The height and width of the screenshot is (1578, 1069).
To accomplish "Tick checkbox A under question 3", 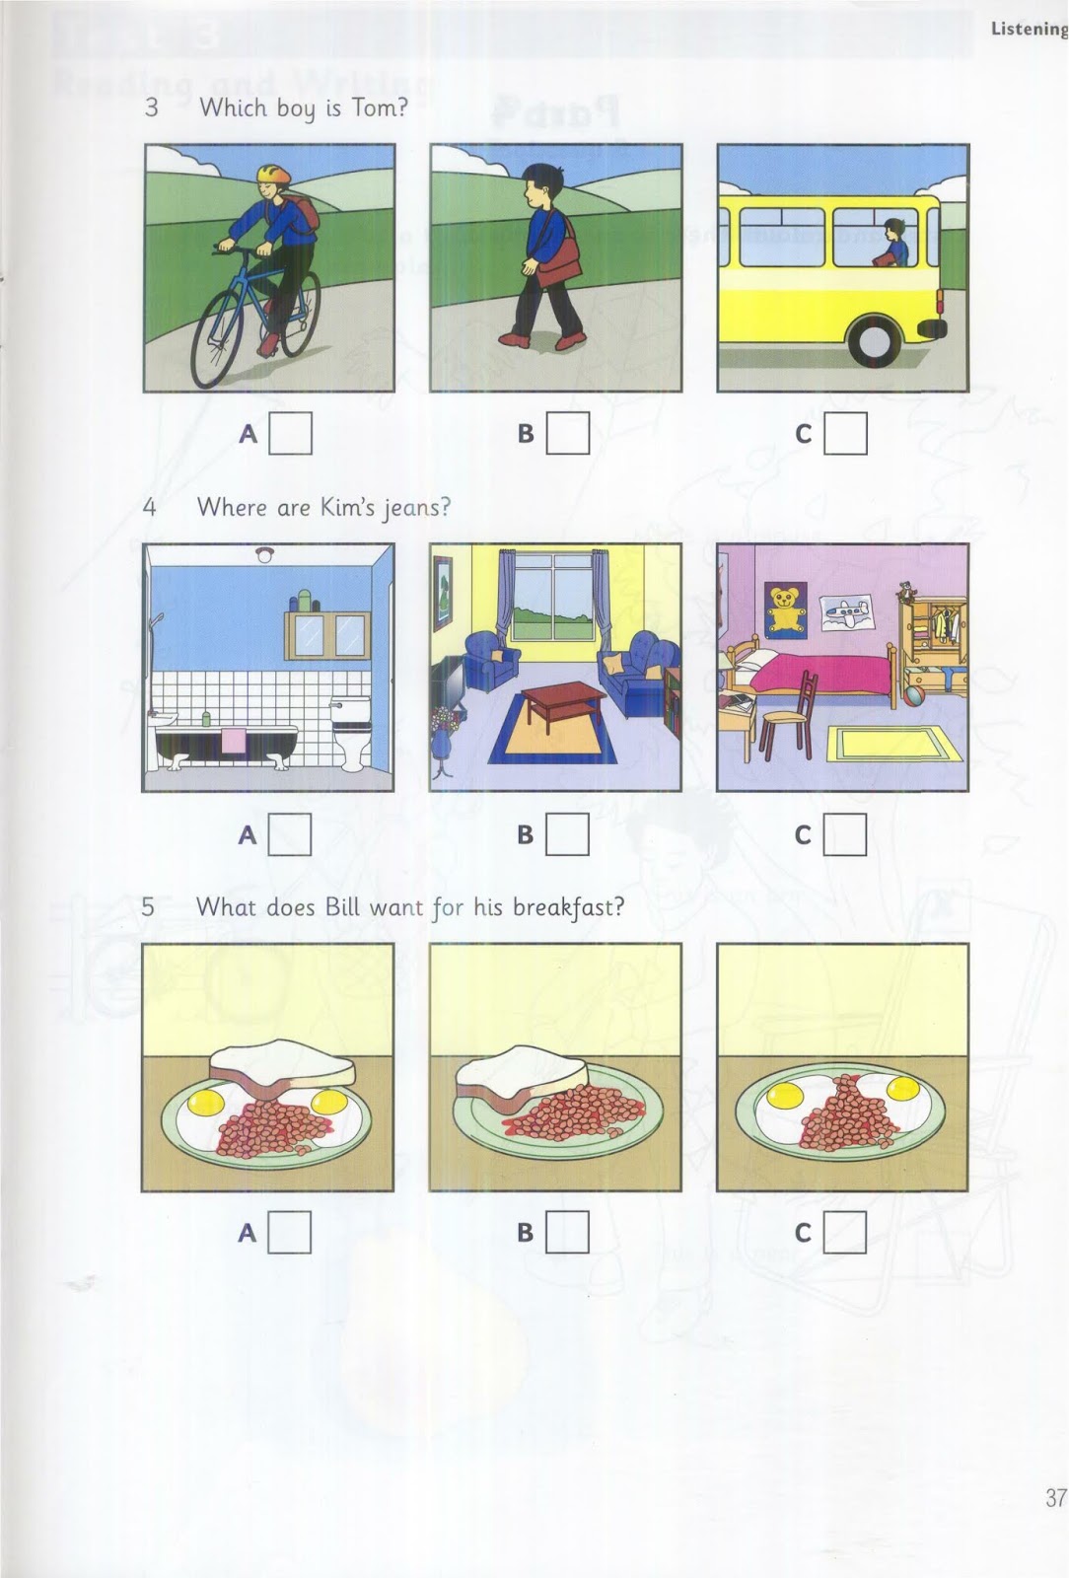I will point(291,433).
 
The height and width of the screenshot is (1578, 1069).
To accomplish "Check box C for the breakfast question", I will point(845,1231).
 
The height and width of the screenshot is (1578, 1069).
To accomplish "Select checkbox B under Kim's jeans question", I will point(568,834).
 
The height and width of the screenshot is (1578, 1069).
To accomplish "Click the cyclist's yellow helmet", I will point(273,177).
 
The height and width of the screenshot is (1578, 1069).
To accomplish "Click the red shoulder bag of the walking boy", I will point(558,263).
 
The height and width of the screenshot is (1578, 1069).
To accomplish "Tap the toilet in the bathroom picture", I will point(350,732).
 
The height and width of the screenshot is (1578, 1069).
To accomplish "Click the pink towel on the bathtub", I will point(234,739).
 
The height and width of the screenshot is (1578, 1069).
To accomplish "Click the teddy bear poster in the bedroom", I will point(786,607).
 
